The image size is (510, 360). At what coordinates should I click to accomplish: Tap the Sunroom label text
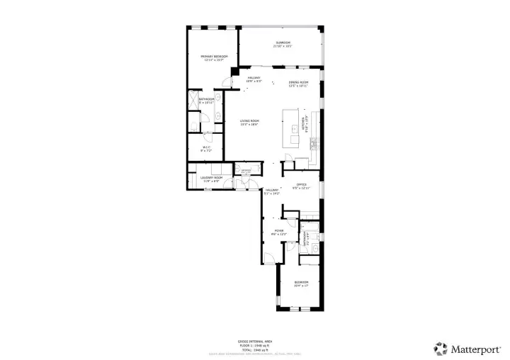pyautogui.click(x=283, y=44)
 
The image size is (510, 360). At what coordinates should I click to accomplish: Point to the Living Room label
pyautogui.click(x=249, y=123)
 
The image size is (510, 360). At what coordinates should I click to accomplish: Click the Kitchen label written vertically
pyautogui.click(x=305, y=125)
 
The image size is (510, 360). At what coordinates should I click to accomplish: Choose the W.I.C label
pyautogui.click(x=206, y=149)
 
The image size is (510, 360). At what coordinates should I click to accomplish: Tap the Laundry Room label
pyautogui.click(x=212, y=179)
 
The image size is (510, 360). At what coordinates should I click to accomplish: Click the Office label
pyautogui.click(x=301, y=186)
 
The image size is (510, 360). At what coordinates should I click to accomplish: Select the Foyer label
pyautogui.click(x=279, y=232)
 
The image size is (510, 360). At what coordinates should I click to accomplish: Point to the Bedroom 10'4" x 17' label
pyautogui.click(x=301, y=284)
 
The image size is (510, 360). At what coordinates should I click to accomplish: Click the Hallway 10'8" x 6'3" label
pyautogui.click(x=253, y=79)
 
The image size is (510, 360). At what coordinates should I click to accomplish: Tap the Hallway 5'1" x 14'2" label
pyautogui.click(x=272, y=191)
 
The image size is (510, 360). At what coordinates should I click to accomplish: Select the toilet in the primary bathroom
pyautogui.click(x=193, y=125)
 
